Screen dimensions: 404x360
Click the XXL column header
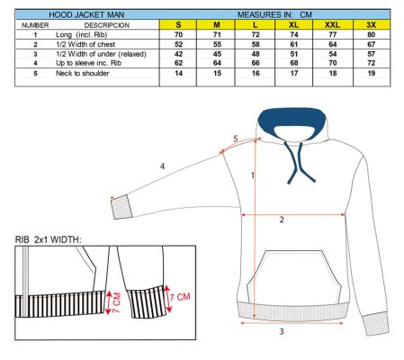332,24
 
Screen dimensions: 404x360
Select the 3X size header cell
372,24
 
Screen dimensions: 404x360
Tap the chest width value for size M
217,44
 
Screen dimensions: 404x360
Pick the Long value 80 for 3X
372,35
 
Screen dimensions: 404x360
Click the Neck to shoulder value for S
178,73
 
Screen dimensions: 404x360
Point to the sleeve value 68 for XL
294,63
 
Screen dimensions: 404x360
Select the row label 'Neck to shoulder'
83,73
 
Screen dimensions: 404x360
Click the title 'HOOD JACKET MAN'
86,14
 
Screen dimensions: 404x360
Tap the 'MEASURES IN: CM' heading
274,14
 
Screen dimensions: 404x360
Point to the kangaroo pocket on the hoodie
294,276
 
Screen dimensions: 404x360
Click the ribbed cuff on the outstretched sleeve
121,207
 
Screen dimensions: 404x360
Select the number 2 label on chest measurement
282,220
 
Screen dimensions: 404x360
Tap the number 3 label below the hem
282,331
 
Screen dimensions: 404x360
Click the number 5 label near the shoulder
236,139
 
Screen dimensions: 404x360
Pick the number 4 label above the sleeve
162,166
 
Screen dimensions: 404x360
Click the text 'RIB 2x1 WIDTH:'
49,239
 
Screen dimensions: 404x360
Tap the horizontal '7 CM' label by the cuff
180,297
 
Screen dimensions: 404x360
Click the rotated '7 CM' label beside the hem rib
116,302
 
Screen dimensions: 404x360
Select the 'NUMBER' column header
35,25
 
